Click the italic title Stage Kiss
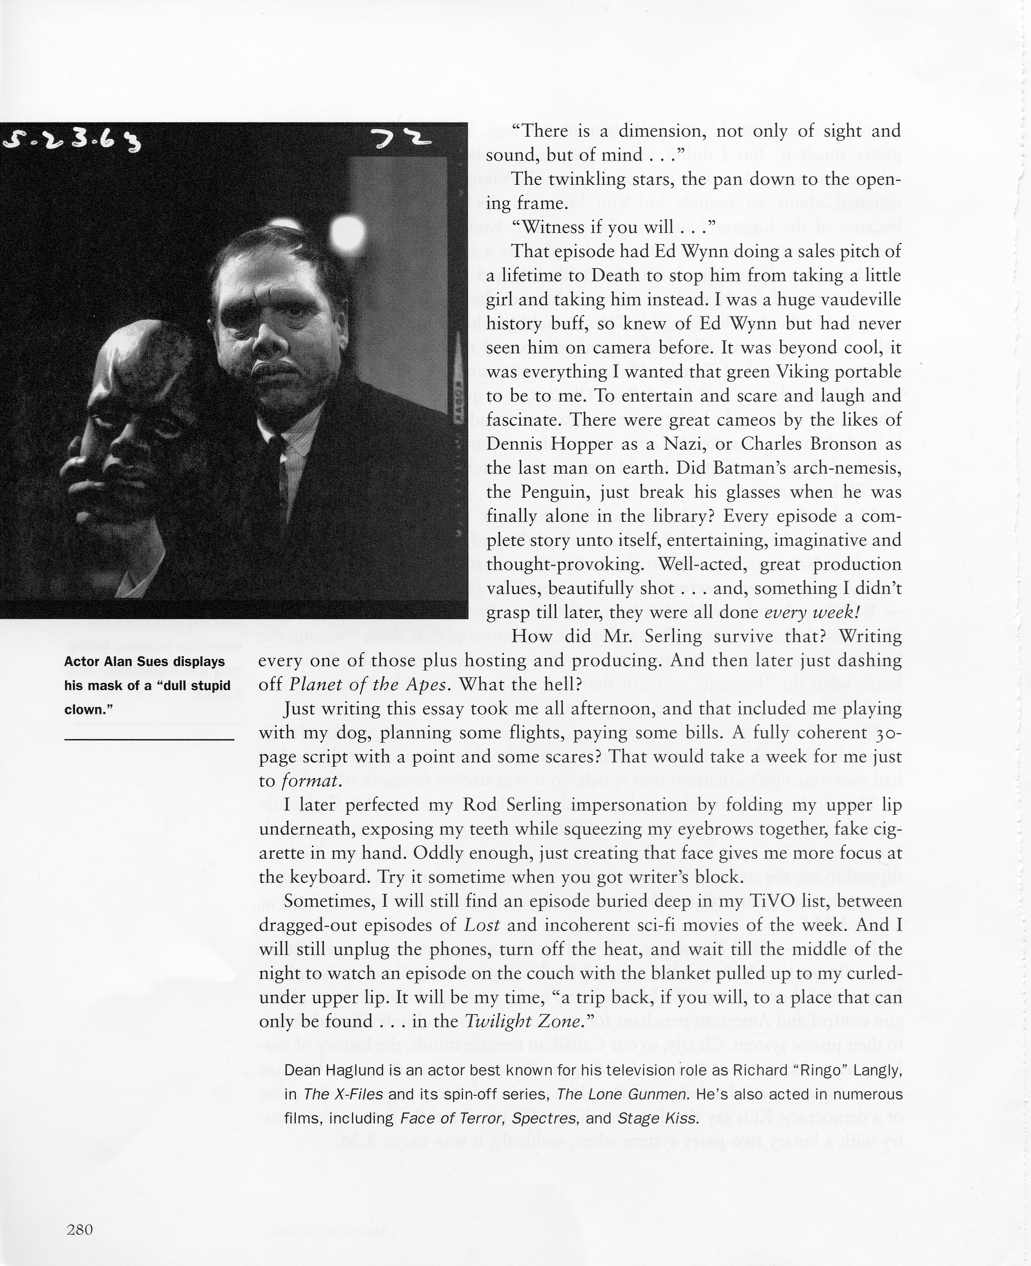(658, 1119)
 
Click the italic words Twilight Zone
(523, 1021)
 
